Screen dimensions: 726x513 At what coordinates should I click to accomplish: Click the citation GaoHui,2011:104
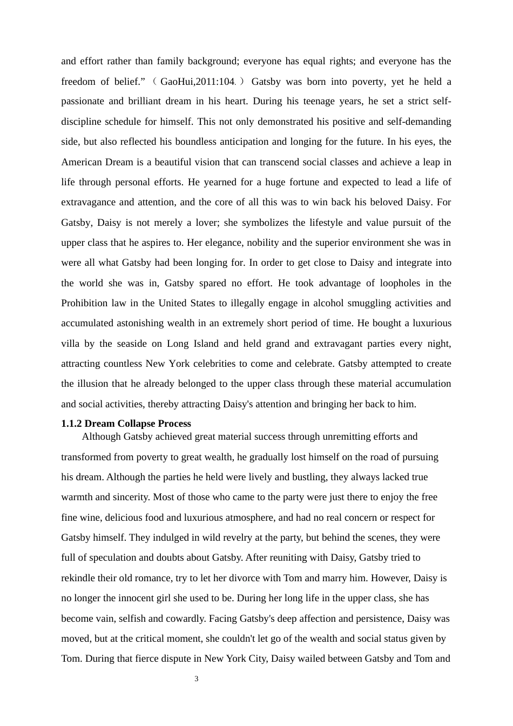click(x=198, y=82)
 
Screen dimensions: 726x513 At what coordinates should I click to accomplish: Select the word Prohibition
click(x=86, y=303)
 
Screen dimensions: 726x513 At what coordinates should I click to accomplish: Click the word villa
click(x=70, y=344)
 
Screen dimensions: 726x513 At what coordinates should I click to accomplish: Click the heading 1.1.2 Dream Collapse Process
click(x=126, y=423)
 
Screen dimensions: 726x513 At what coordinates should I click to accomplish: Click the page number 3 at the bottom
click(x=197, y=679)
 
